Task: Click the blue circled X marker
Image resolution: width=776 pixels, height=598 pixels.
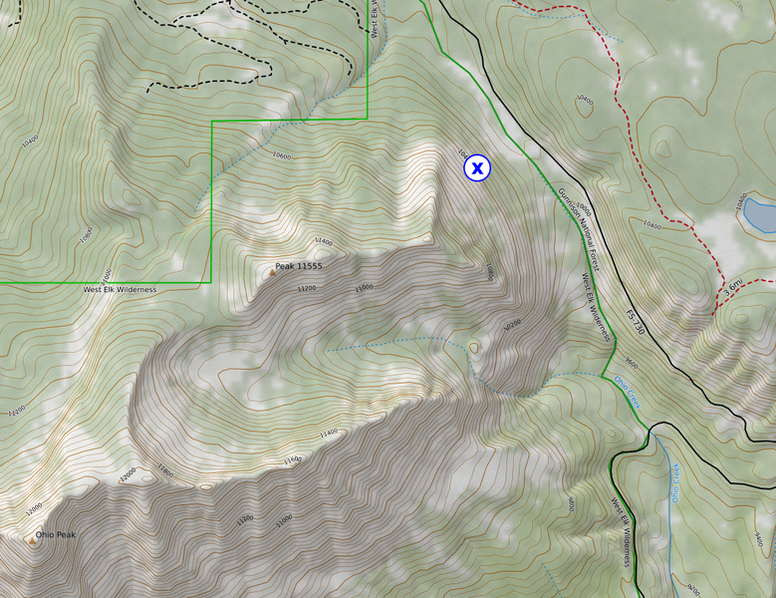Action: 477,168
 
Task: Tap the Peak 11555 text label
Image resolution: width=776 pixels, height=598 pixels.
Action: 299,267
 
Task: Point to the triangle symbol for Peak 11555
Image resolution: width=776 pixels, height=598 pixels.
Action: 271,270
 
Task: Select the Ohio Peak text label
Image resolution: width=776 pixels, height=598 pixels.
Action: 56,535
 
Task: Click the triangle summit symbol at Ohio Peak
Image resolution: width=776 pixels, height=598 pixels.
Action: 32,543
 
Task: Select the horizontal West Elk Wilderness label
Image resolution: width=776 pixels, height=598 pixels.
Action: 120,289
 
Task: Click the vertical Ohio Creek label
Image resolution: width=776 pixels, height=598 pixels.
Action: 674,482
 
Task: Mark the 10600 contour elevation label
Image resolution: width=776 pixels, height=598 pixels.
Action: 282,155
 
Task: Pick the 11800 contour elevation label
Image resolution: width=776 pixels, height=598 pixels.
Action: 164,470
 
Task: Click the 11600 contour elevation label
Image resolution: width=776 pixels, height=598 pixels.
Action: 292,459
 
